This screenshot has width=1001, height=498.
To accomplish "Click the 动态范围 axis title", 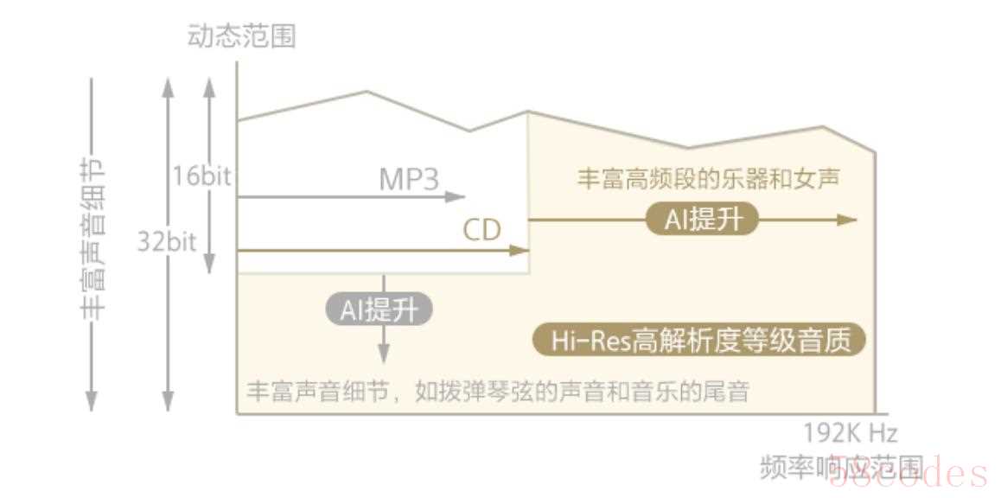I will [x=241, y=36].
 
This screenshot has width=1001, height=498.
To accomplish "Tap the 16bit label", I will [x=201, y=177].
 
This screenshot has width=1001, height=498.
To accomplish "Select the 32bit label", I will [x=167, y=240].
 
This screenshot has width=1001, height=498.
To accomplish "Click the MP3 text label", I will [x=410, y=180].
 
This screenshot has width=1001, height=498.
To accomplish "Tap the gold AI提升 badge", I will [x=702, y=220].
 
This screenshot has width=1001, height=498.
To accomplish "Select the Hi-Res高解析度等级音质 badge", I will [x=698, y=340].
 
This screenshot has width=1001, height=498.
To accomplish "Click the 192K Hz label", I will [x=850, y=432].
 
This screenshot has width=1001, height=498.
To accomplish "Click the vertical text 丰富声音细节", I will [x=94, y=239].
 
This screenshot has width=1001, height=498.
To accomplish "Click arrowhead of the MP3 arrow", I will [x=459, y=197].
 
